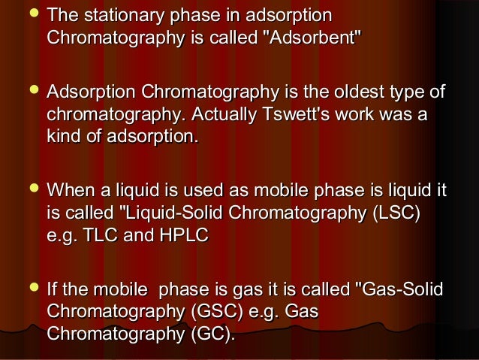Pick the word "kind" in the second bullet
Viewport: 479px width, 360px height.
click(65, 137)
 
